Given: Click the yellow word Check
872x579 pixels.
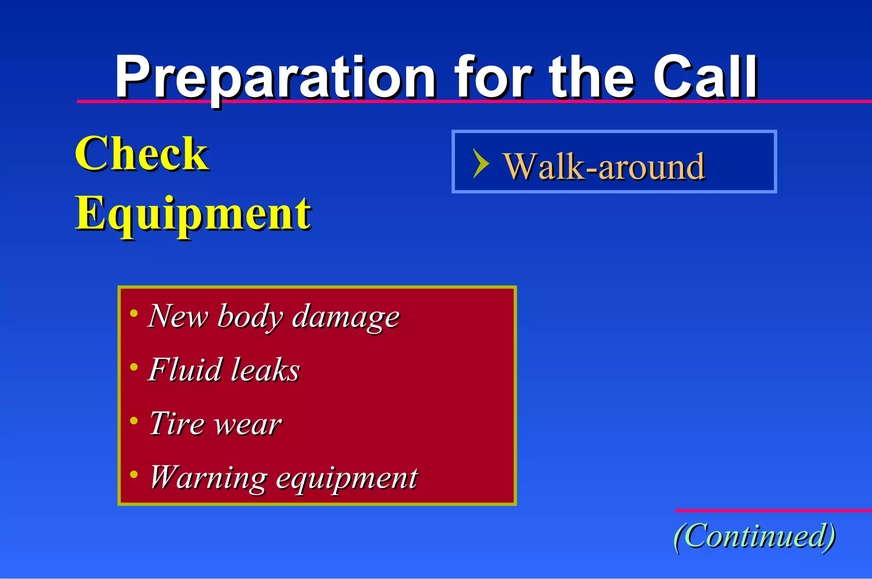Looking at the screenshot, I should [141, 154].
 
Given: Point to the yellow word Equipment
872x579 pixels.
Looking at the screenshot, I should [192, 214].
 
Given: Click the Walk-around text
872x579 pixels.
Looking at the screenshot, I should [604, 167].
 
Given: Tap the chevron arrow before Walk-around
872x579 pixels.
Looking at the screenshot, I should [481, 163].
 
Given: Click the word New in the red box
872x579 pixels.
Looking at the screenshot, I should [178, 316].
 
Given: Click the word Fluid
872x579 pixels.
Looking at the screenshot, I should [185, 370].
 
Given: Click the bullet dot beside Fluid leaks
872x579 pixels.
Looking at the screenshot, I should [134, 367].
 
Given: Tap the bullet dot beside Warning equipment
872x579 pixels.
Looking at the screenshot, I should [134, 474].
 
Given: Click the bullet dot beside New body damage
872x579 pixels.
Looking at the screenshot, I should [134, 313].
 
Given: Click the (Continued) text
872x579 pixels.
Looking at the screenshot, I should [754, 536].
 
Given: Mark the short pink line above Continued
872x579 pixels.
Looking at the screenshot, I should [773, 510].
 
